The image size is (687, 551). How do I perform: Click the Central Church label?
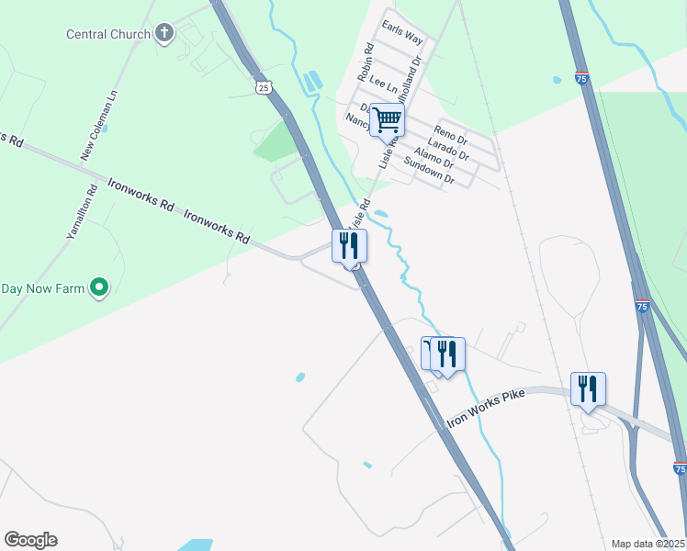(x=107, y=35)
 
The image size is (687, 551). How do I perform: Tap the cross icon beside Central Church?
(x=164, y=35)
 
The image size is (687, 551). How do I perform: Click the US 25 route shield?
(x=264, y=87)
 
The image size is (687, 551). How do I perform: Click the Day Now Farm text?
(x=42, y=288)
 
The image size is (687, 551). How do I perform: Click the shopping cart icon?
(x=388, y=119)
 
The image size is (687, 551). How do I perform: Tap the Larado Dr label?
(x=448, y=147)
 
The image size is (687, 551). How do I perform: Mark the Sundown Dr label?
(x=430, y=172)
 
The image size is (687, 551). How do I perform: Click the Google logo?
(x=30, y=540)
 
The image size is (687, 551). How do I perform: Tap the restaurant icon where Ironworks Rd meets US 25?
(x=349, y=245)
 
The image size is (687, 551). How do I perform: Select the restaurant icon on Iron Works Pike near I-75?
(x=588, y=388)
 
